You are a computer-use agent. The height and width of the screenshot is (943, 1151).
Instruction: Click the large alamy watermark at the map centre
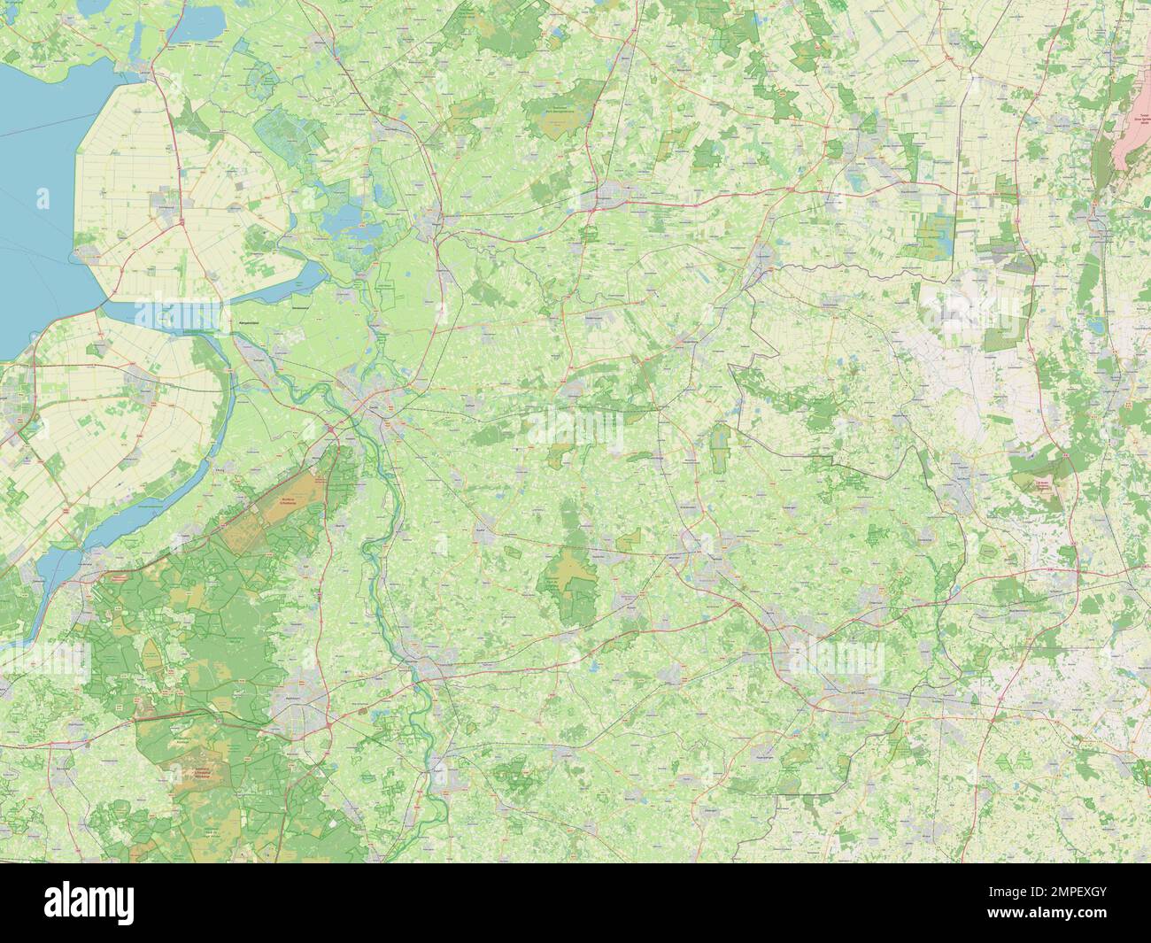click(575, 421)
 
